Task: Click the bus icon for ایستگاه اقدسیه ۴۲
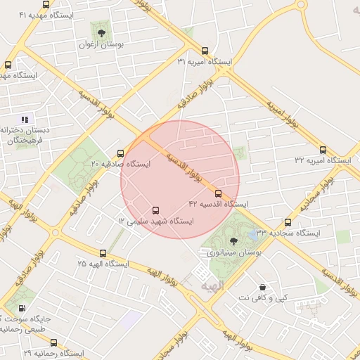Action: (x=218, y=193)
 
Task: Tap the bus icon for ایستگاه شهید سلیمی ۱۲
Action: (x=155, y=210)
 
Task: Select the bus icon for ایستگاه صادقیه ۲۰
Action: (x=120, y=153)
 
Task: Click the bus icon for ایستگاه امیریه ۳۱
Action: (x=205, y=51)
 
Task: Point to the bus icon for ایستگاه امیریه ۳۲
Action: (x=323, y=150)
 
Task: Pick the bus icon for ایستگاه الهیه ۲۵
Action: (x=103, y=253)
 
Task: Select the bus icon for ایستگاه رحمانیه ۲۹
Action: (x=53, y=342)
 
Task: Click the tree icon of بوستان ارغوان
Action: (x=102, y=32)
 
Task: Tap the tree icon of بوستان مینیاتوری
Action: (x=233, y=240)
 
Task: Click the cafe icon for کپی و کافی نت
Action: (x=263, y=287)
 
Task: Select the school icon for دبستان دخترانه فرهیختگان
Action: (x=25, y=120)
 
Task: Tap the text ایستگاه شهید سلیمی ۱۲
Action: (x=155, y=221)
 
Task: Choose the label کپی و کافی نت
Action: (x=263, y=298)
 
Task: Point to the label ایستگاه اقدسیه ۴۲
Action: (x=218, y=204)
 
